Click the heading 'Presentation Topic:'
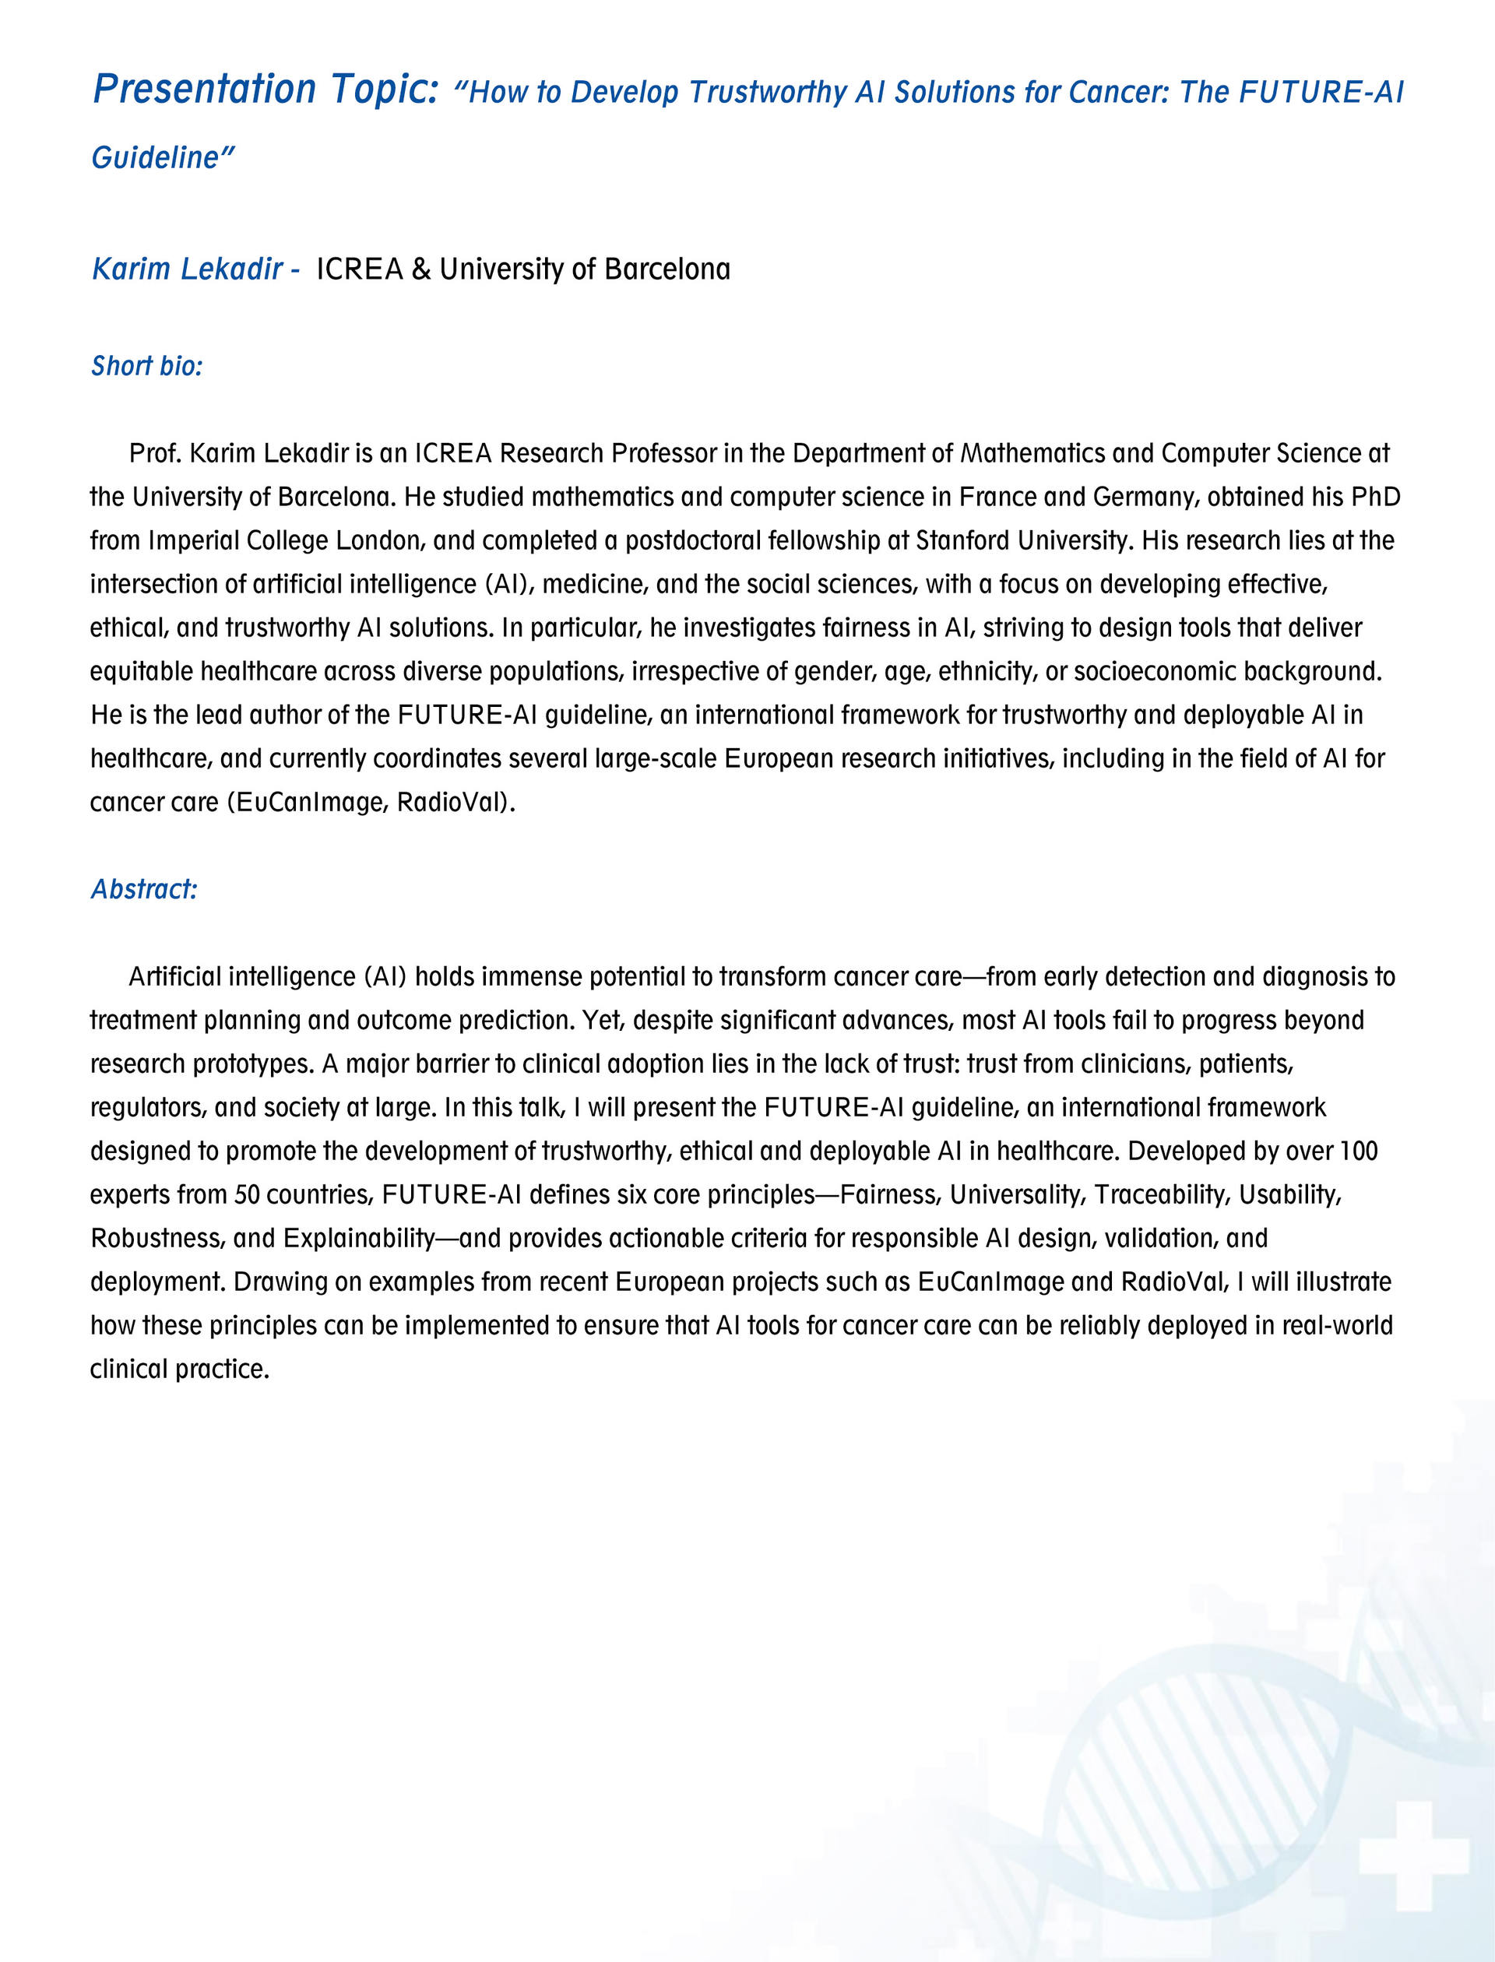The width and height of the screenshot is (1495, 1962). pyautogui.click(x=266, y=90)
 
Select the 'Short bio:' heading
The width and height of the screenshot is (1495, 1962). pyautogui.click(x=147, y=366)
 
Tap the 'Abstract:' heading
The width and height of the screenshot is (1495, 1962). pyautogui.click(x=143, y=889)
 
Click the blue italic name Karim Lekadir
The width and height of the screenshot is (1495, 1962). pyautogui.click(x=187, y=269)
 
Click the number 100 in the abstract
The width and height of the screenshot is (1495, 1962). pyautogui.click(x=1358, y=1151)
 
